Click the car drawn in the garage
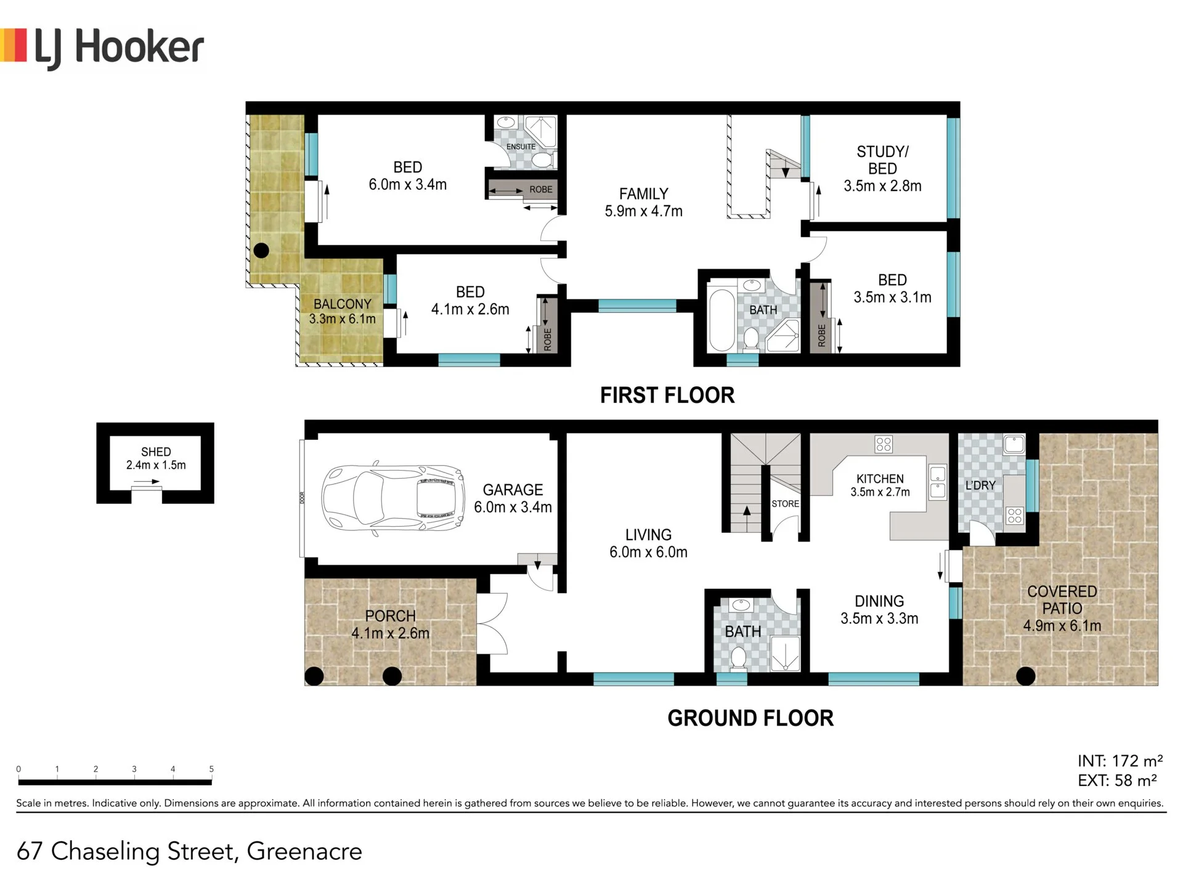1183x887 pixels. point(393,498)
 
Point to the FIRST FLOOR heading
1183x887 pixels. point(667,395)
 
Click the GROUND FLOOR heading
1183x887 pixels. point(750,718)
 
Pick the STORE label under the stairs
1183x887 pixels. point(785,504)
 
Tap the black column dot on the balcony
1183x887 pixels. point(261,251)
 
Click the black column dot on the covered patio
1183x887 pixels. point(1025,676)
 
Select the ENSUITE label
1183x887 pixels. point(521,147)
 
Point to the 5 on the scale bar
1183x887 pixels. point(211,769)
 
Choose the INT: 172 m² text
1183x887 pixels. point(1120,761)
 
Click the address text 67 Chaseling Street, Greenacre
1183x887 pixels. point(189,851)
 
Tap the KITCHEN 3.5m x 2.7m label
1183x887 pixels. point(880,485)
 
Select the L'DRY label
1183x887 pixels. point(980,485)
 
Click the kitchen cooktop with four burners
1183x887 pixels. point(884,444)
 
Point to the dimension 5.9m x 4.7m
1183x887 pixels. point(643,211)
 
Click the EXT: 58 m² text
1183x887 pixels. point(1117,781)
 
